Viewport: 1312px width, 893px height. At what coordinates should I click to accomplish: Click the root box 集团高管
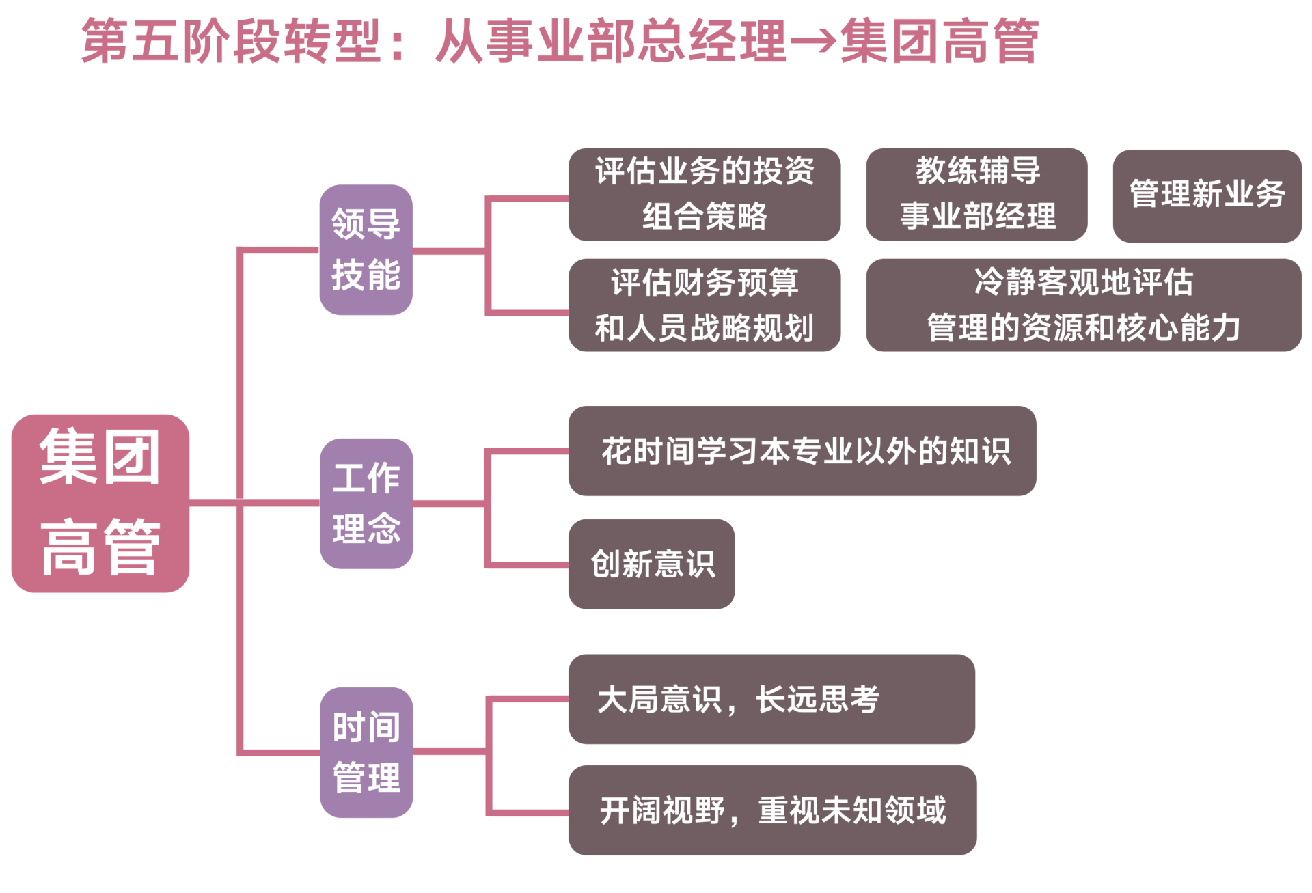(x=100, y=503)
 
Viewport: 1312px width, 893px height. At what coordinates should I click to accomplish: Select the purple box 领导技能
(x=366, y=249)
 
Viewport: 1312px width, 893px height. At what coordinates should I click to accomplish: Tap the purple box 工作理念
(x=366, y=503)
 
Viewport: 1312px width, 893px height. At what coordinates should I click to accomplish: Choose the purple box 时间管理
(x=366, y=752)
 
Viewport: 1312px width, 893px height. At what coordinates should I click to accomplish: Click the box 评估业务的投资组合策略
(x=704, y=194)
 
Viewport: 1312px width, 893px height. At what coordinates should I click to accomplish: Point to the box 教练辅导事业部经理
(x=976, y=194)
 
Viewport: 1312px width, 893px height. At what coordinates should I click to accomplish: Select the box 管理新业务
(x=1206, y=195)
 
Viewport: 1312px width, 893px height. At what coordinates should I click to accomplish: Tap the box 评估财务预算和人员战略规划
(x=704, y=305)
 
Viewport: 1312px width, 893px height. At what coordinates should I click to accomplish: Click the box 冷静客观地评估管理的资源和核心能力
(x=1083, y=305)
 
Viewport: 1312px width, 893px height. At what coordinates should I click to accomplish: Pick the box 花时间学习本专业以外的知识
(x=802, y=451)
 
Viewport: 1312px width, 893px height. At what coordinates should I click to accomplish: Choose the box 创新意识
(x=651, y=564)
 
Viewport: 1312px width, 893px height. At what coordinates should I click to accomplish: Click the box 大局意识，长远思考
(x=771, y=699)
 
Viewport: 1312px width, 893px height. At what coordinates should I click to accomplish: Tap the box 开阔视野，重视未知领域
(x=772, y=810)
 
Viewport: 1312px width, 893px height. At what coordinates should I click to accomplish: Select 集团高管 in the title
(x=940, y=41)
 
